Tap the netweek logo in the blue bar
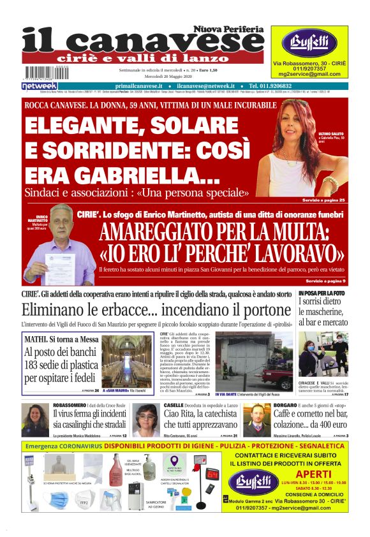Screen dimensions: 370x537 40,85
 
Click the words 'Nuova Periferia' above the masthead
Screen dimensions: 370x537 229,29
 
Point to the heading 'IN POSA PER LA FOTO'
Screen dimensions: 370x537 322,293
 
